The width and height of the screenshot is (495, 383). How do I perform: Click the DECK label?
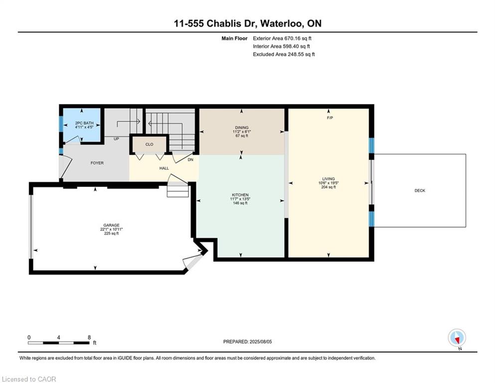coord(420,191)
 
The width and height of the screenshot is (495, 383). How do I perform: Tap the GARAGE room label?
coord(111,225)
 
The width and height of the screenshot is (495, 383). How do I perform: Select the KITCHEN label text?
coord(240,195)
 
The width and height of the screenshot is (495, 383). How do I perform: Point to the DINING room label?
coord(242,128)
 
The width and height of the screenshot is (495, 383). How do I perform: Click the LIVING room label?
coord(329,179)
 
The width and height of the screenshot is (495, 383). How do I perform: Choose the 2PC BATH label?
coord(84,123)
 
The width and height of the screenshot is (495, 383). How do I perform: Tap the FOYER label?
coord(97,163)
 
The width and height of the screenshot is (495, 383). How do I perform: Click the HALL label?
coord(164,168)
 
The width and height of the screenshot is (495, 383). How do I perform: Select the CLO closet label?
coord(150,144)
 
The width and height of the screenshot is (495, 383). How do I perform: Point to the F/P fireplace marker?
coord(330,118)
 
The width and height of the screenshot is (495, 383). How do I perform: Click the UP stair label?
coord(116,139)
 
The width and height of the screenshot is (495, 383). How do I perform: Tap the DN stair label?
coord(190,160)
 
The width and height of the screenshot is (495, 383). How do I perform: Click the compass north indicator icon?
coord(457,338)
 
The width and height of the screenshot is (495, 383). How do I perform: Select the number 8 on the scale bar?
coord(89,337)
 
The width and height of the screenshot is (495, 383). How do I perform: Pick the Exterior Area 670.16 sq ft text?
coord(282,38)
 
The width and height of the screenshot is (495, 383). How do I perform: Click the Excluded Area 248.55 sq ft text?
coord(284,54)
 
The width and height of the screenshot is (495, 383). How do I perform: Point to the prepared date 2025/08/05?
coord(260,342)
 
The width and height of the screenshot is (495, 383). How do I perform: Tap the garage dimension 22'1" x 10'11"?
coord(111,229)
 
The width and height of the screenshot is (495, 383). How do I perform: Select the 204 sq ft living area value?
coord(329,187)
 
